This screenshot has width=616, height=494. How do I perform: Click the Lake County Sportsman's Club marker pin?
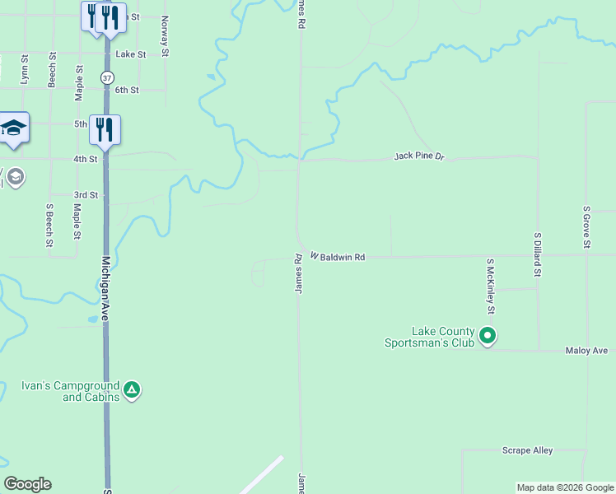488,335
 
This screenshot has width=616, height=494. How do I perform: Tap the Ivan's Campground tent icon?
132,389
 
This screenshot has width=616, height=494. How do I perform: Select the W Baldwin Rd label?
338,257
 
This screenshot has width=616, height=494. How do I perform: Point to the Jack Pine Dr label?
418,156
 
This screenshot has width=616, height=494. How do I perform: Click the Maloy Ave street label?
586,351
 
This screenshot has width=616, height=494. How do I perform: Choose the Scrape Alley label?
527,450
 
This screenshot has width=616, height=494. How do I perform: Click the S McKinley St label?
490,287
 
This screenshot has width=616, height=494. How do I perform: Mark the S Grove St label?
586,226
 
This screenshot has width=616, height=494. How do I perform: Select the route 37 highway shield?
107,77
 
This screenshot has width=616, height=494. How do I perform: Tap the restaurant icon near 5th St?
105,128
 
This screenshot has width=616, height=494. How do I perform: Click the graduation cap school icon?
13,128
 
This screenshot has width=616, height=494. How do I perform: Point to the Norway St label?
166,35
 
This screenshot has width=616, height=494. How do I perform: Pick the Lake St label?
130,54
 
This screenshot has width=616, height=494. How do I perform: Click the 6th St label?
127,90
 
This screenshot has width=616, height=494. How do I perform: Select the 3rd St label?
86,195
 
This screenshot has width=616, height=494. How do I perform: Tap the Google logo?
27,484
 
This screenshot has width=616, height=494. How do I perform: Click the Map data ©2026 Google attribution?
564,487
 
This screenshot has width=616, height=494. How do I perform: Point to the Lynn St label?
25,70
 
